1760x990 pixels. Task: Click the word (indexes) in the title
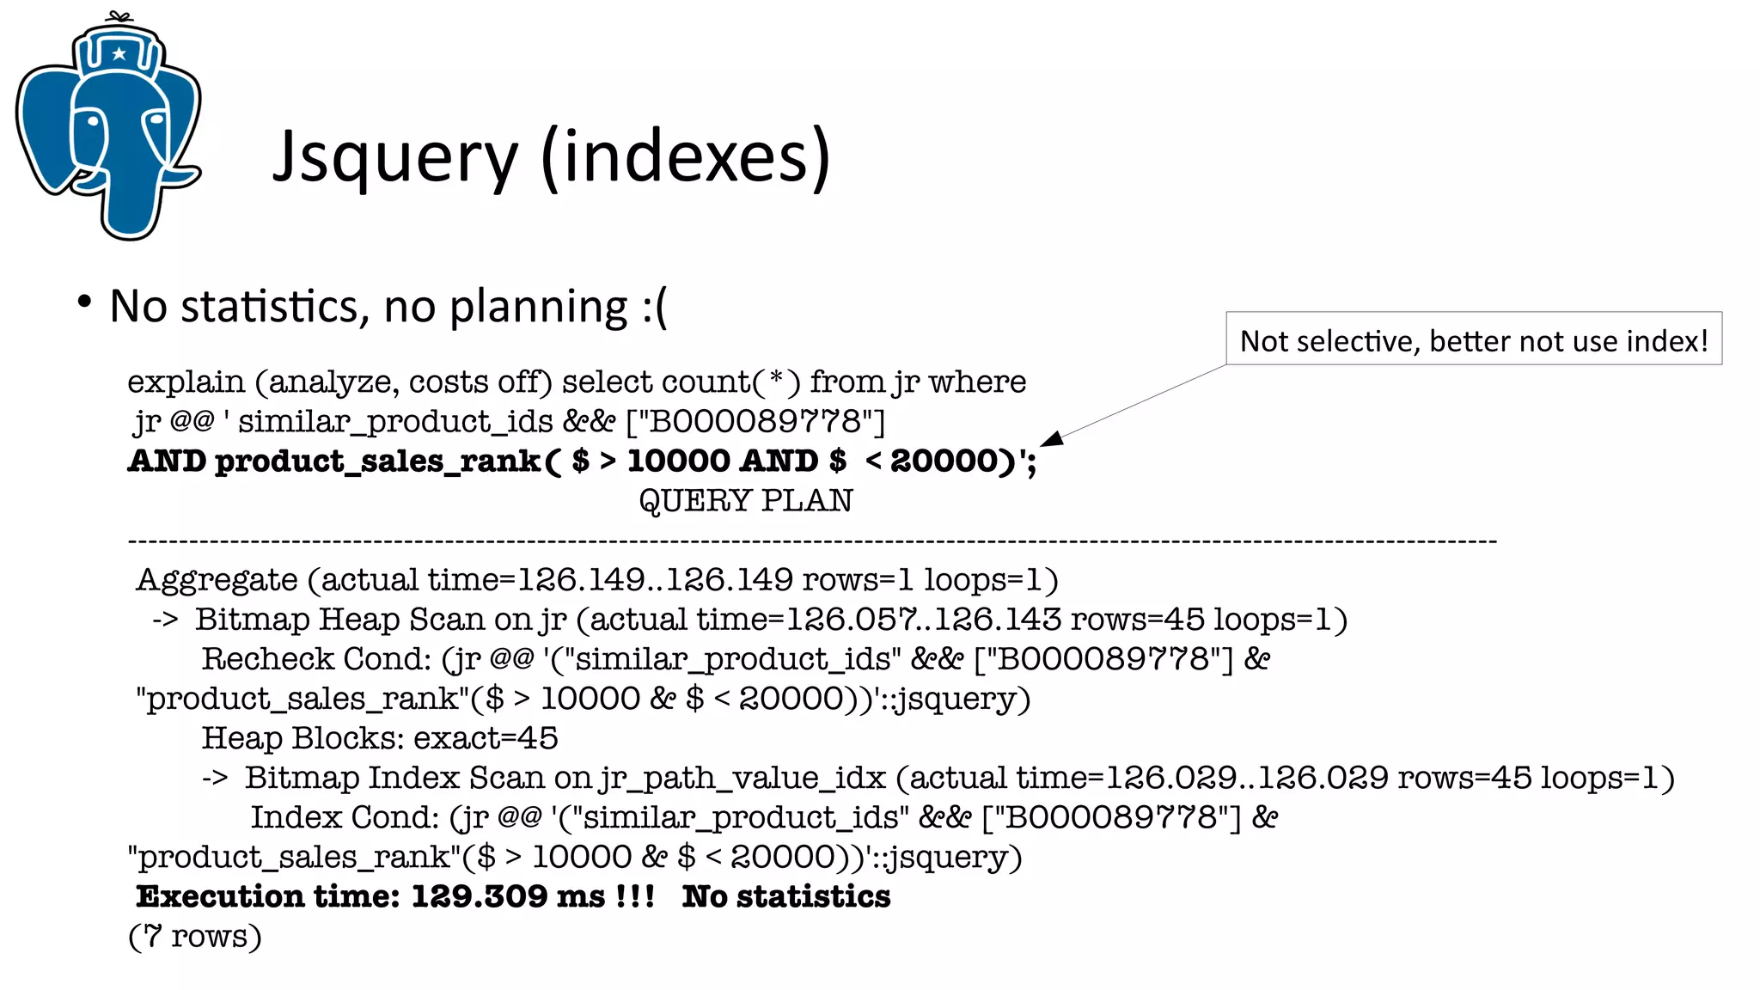(686, 157)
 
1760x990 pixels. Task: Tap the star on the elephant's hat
(119, 54)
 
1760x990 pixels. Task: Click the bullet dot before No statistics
(84, 302)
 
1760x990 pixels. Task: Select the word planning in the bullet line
(539, 307)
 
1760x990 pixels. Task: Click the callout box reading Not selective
(1473, 339)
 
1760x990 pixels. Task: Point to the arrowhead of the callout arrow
(1050, 439)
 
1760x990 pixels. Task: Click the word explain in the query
(186, 382)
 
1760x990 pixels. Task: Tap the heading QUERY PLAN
(745, 500)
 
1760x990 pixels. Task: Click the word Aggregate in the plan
(217, 580)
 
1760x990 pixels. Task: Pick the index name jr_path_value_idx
(742, 778)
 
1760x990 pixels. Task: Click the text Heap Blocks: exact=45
(379, 738)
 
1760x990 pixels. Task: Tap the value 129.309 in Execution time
(479, 896)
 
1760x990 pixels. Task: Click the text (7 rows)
(194, 936)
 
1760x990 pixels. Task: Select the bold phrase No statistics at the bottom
(785, 896)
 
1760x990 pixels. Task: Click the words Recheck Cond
(315, 659)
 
